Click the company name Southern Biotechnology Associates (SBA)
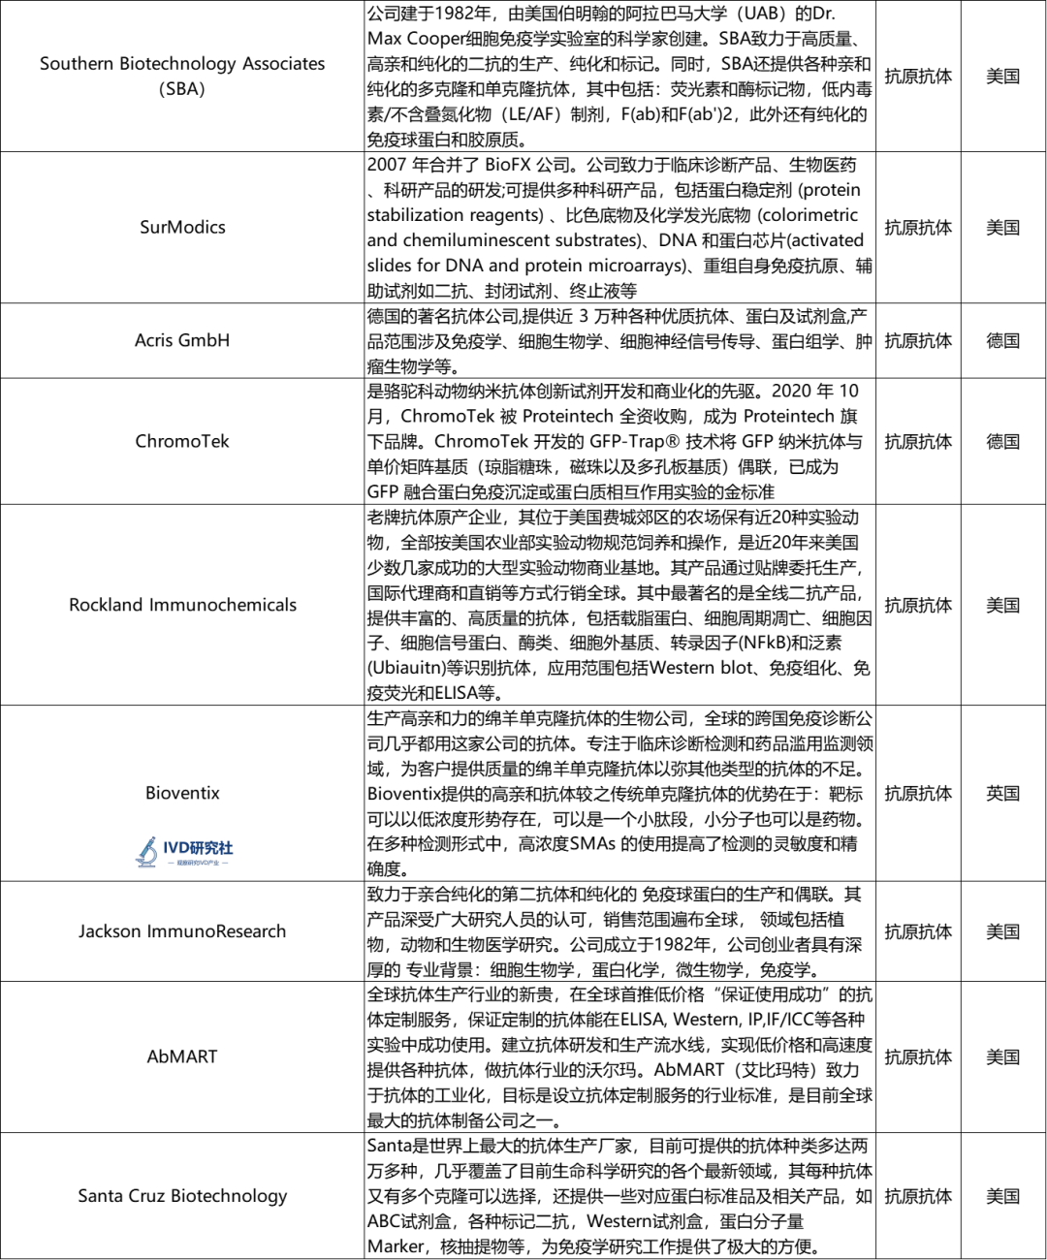tap(182, 76)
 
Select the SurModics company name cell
tap(182, 227)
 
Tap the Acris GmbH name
tap(182, 340)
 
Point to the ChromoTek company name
tap(182, 441)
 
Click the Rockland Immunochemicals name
tap(182, 605)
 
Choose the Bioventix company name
tap(182, 793)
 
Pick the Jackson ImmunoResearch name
tap(182, 931)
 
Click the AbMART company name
tap(182, 1056)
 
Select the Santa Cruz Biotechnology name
tap(182, 1196)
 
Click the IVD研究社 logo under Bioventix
tap(184, 851)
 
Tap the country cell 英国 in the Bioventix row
tap(1003, 793)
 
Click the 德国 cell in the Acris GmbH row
tap(1003, 340)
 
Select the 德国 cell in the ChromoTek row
tap(1003, 441)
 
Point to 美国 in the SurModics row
tap(1003, 227)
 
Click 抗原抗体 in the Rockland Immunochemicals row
tap(918, 605)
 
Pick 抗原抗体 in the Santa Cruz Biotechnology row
tap(918, 1196)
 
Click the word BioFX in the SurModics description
tap(508, 165)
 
